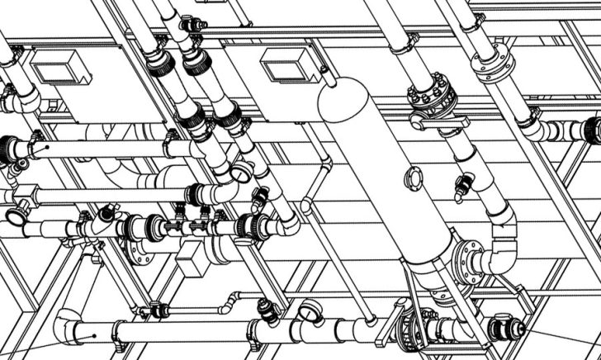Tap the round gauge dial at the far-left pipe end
(15, 216)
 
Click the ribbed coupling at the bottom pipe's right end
(499, 329)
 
